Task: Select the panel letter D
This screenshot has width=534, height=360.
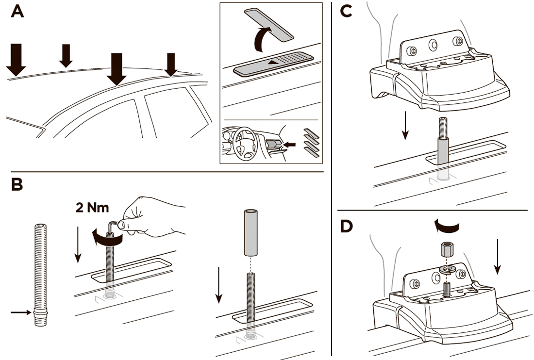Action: coord(348,227)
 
